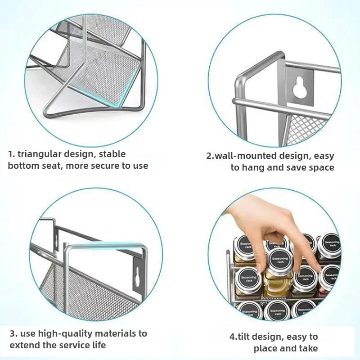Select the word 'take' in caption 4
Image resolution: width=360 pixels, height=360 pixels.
[x=308, y=348]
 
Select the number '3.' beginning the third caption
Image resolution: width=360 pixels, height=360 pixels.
[x=13, y=334]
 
